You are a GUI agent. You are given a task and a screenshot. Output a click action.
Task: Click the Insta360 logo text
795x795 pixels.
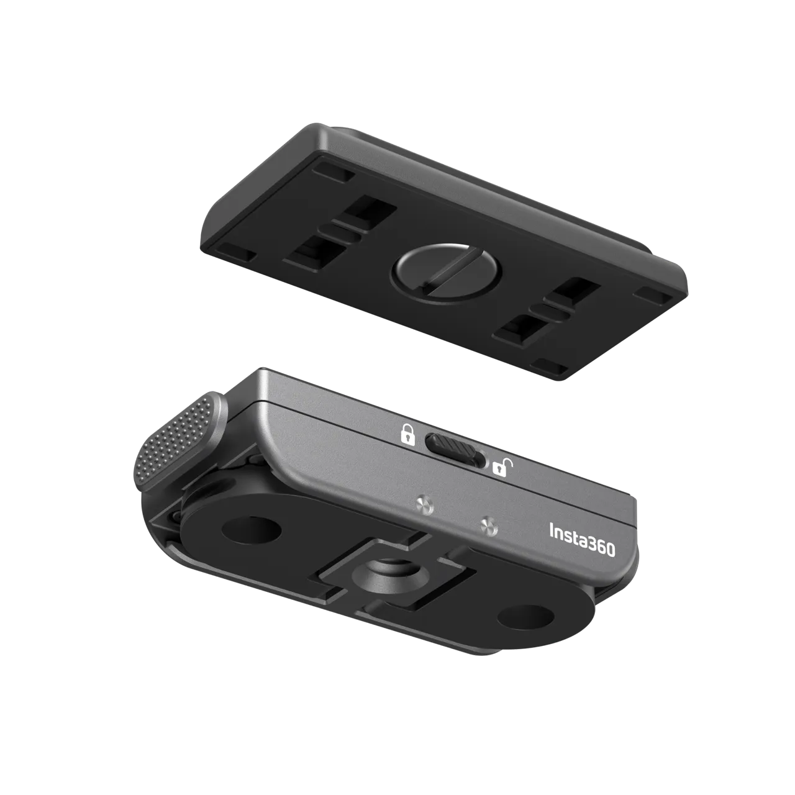582,540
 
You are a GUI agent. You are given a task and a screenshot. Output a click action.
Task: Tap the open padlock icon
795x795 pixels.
503,468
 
